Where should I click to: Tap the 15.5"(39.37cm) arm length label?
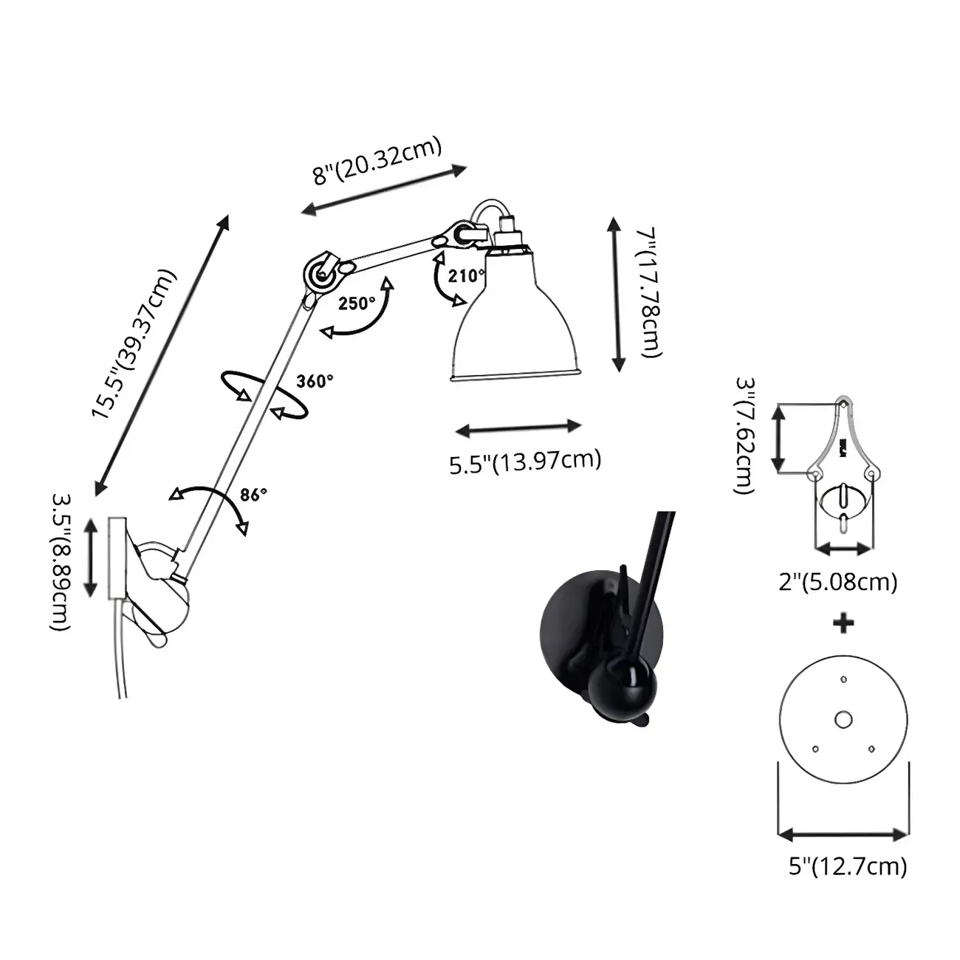[134, 345]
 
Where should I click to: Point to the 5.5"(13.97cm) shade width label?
[525, 462]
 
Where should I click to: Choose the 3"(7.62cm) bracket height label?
[745, 436]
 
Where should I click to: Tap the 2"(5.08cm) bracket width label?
[838, 582]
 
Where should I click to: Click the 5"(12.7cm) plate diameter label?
[848, 865]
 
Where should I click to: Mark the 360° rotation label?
[315, 381]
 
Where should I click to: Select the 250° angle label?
[357, 304]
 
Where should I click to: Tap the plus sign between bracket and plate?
[843, 623]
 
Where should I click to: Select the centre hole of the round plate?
[843, 719]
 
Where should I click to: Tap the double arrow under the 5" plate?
[843, 835]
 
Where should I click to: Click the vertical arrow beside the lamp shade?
[617, 294]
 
